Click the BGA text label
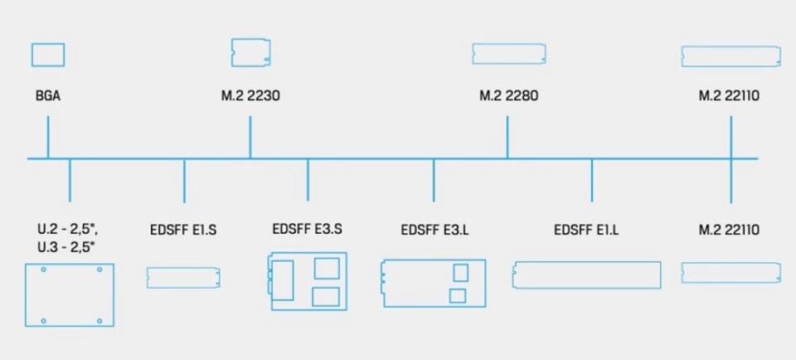click(48, 96)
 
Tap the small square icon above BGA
click(48, 55)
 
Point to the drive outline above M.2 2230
click(251, 51)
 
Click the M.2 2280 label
click(508, 96)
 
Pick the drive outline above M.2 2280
click(507, 54)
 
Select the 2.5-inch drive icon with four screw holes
click(70, 294)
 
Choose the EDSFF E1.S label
click(183, 230)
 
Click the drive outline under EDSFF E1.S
click(183, 277)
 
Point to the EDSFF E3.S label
click(307, 228)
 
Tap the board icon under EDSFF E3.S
click(306, 282)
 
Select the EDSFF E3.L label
click(434, 230)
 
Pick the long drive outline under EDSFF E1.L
click(587, 275)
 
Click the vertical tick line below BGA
click(48, 137)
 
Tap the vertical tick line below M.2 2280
click(507, 137)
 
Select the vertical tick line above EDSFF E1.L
click(592, 180)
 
